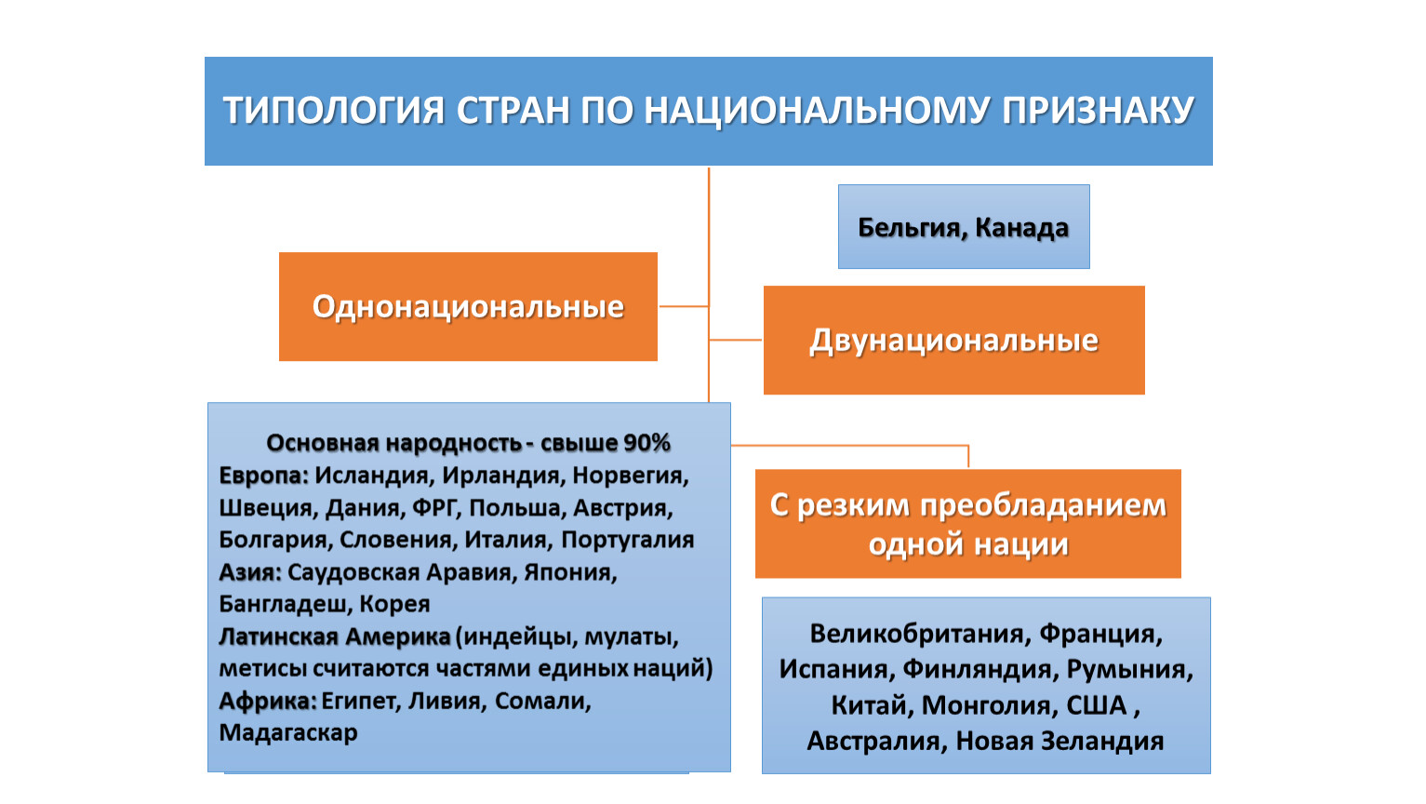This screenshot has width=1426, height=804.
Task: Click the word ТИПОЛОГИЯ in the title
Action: coord(334,110)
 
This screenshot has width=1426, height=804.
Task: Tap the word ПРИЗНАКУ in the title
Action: coord(1099,110)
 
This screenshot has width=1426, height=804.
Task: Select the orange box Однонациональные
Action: coord(468,306)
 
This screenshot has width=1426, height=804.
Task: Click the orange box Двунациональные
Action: coord(953,341)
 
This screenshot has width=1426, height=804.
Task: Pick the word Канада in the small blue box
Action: coord(1021,228)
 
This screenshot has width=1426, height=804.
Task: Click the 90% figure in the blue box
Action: coord(646,443)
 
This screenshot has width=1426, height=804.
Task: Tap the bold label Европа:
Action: coord(263,476)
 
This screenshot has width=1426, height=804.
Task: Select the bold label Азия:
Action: coord(250,572)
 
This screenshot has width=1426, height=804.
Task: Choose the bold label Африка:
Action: coord(268,702)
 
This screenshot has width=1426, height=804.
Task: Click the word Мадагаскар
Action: coord(288,732)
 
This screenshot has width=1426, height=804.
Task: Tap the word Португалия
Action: coord(628,540)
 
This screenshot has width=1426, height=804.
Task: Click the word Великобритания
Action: coord(917,634)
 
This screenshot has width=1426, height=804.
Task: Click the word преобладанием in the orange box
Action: coord(1043,506)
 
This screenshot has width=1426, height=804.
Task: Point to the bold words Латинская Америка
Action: coord(334,636)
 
